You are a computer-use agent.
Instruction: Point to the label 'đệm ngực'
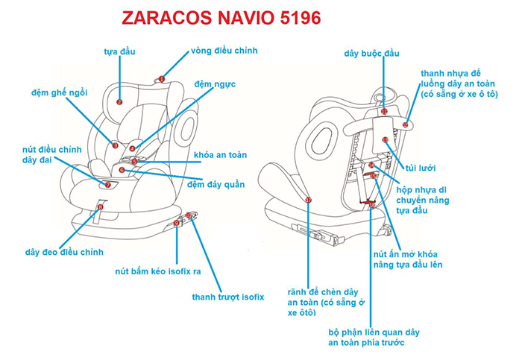[215, 83]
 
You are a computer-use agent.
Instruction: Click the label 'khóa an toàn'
[220, 156]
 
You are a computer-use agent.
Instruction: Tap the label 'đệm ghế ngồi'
[60, 92]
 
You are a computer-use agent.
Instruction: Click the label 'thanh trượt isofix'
[227, 297]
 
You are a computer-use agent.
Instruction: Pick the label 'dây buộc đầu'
[371, 54]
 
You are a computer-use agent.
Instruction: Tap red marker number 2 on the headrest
[119, 101]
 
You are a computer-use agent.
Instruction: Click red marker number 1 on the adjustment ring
[160, 79]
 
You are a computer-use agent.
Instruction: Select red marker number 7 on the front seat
[107, 184]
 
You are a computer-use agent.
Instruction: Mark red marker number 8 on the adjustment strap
[100, 206]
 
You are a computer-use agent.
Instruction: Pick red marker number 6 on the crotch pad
[122, 170]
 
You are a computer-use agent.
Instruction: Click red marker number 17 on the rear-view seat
[308, 200]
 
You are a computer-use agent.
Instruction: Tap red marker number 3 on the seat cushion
[115, 145]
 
